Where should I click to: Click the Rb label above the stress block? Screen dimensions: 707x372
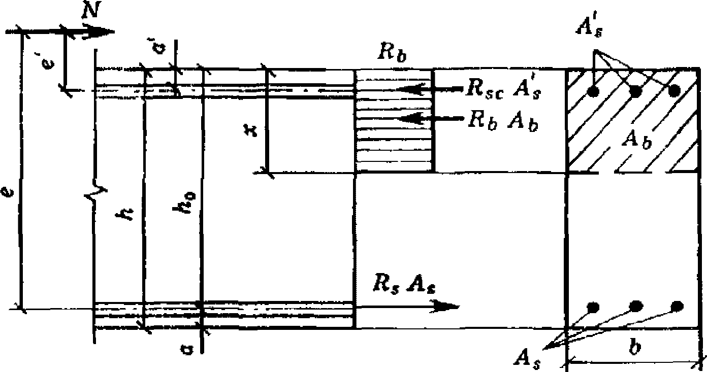(392, 54)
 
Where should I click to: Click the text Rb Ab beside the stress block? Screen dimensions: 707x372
(503, 121)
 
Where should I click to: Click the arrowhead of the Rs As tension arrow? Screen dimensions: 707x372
(445, 306)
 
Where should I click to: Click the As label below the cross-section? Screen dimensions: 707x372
(528, 360)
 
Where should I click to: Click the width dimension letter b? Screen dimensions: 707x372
(634, 348)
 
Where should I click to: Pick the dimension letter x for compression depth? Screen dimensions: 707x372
(250, 131)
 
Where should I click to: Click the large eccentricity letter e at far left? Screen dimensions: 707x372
(8, 193)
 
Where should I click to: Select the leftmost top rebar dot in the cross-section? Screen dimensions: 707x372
(593, 92)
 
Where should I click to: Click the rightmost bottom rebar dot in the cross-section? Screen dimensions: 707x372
(677, 306)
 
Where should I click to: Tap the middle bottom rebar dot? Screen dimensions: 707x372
(636, 306)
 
